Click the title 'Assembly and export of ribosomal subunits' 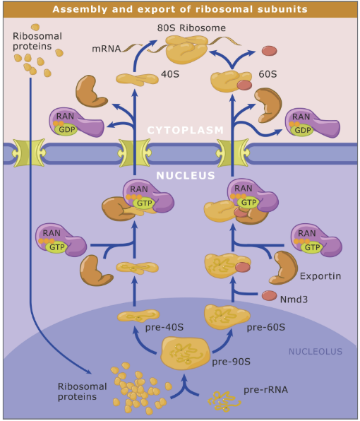(x=180, y=10)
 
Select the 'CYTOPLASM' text (x=185, y=130)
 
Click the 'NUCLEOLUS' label (x=314, y=351)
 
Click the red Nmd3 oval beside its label (x=270, y=296)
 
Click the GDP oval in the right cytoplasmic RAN (x=303, y=131)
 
